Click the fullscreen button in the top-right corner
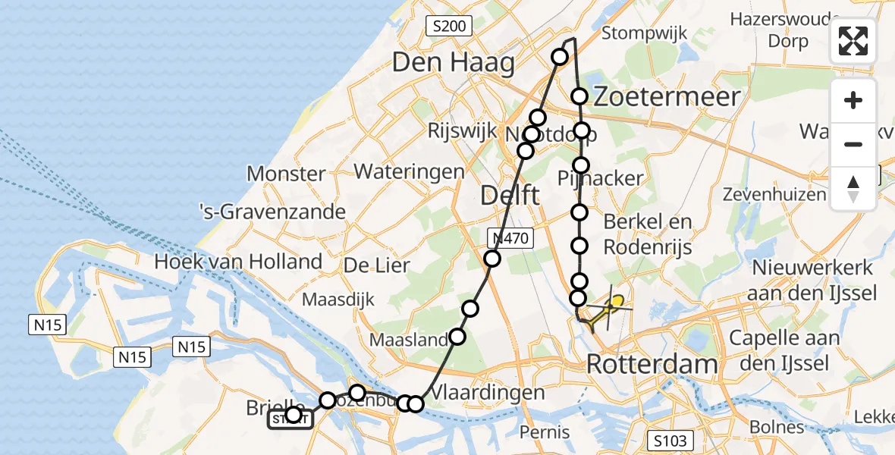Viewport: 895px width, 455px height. click(x=853, y=41)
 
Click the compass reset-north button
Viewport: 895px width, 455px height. click(x=853, y=189)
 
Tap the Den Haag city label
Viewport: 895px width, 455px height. click(x=454, y=63)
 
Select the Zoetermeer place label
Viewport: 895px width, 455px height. click(x=666, y=96)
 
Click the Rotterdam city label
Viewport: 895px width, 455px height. click(x=652, y=364)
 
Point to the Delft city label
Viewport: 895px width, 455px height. click(x=510, y=196)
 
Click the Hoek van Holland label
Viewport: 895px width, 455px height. click(x=237, y=262)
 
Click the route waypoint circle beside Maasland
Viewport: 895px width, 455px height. click(x=457, y=337)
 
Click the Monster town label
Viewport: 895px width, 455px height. click(x=286, y=174)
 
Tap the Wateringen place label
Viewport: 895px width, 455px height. click(x=409, y=171)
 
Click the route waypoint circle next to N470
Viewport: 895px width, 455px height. click(x=493, y=259)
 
